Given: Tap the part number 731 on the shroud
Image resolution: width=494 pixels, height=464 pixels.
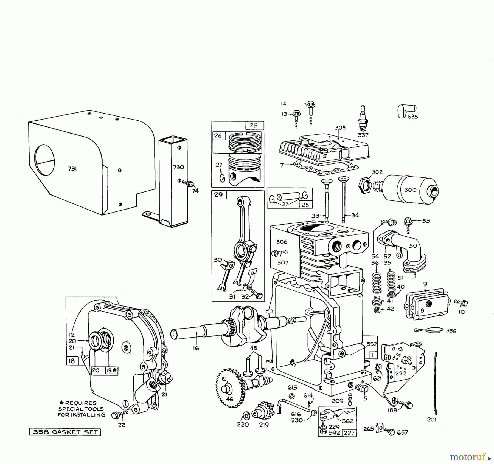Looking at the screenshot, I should point(72,169).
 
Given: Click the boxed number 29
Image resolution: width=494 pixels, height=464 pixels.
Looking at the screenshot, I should point(218,195).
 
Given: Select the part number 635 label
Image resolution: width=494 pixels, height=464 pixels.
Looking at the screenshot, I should point(412,117).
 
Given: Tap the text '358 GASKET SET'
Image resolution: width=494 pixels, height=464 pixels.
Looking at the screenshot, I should point(65,432).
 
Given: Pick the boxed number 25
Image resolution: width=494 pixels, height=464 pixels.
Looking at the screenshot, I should point(253,125).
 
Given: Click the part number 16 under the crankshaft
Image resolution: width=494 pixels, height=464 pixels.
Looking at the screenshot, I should point(196,348).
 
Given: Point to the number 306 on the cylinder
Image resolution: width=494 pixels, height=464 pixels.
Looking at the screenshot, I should point(282,242).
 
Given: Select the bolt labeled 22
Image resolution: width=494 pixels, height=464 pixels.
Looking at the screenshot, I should point(115,415).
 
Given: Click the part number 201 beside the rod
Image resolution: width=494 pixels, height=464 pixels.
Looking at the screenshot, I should point(432,420).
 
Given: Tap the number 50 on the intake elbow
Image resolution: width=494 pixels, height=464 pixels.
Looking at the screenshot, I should point(413,246).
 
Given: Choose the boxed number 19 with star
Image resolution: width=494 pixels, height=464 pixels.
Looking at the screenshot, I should point(111,370).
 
